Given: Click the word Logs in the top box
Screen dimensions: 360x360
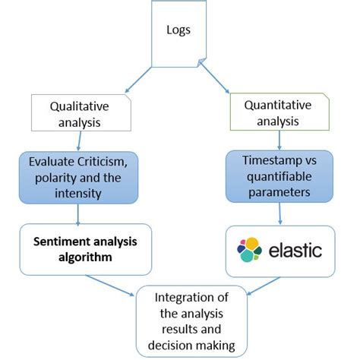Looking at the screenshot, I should (179, 30).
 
